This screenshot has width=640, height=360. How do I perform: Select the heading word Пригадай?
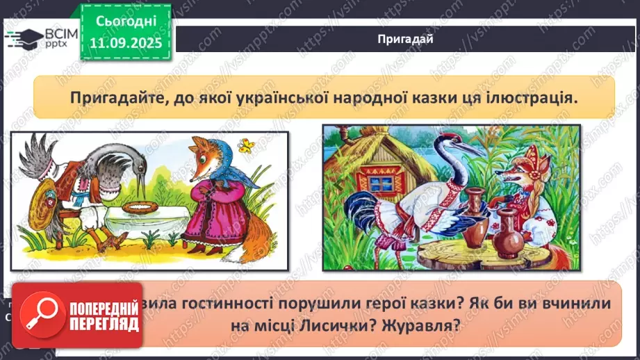[405, 39]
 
